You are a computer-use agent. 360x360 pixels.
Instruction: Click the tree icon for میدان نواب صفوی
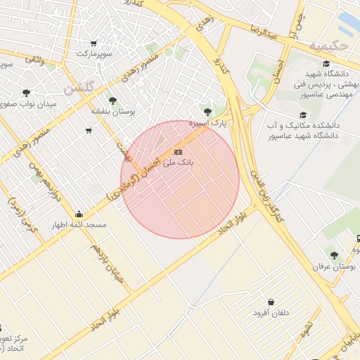(x=27, y=92)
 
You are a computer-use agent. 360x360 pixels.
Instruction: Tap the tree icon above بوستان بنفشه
(x=112, y=101)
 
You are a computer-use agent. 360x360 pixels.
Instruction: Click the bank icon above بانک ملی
(x=178, y=151)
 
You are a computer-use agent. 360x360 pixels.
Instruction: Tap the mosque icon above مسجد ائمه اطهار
(x=79, y=214)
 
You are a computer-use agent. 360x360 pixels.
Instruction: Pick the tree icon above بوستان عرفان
(x=334, y=255)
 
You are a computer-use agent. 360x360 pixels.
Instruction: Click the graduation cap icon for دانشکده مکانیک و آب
(x=303, y=115)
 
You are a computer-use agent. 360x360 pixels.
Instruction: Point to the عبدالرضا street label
(x=265, y=32)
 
